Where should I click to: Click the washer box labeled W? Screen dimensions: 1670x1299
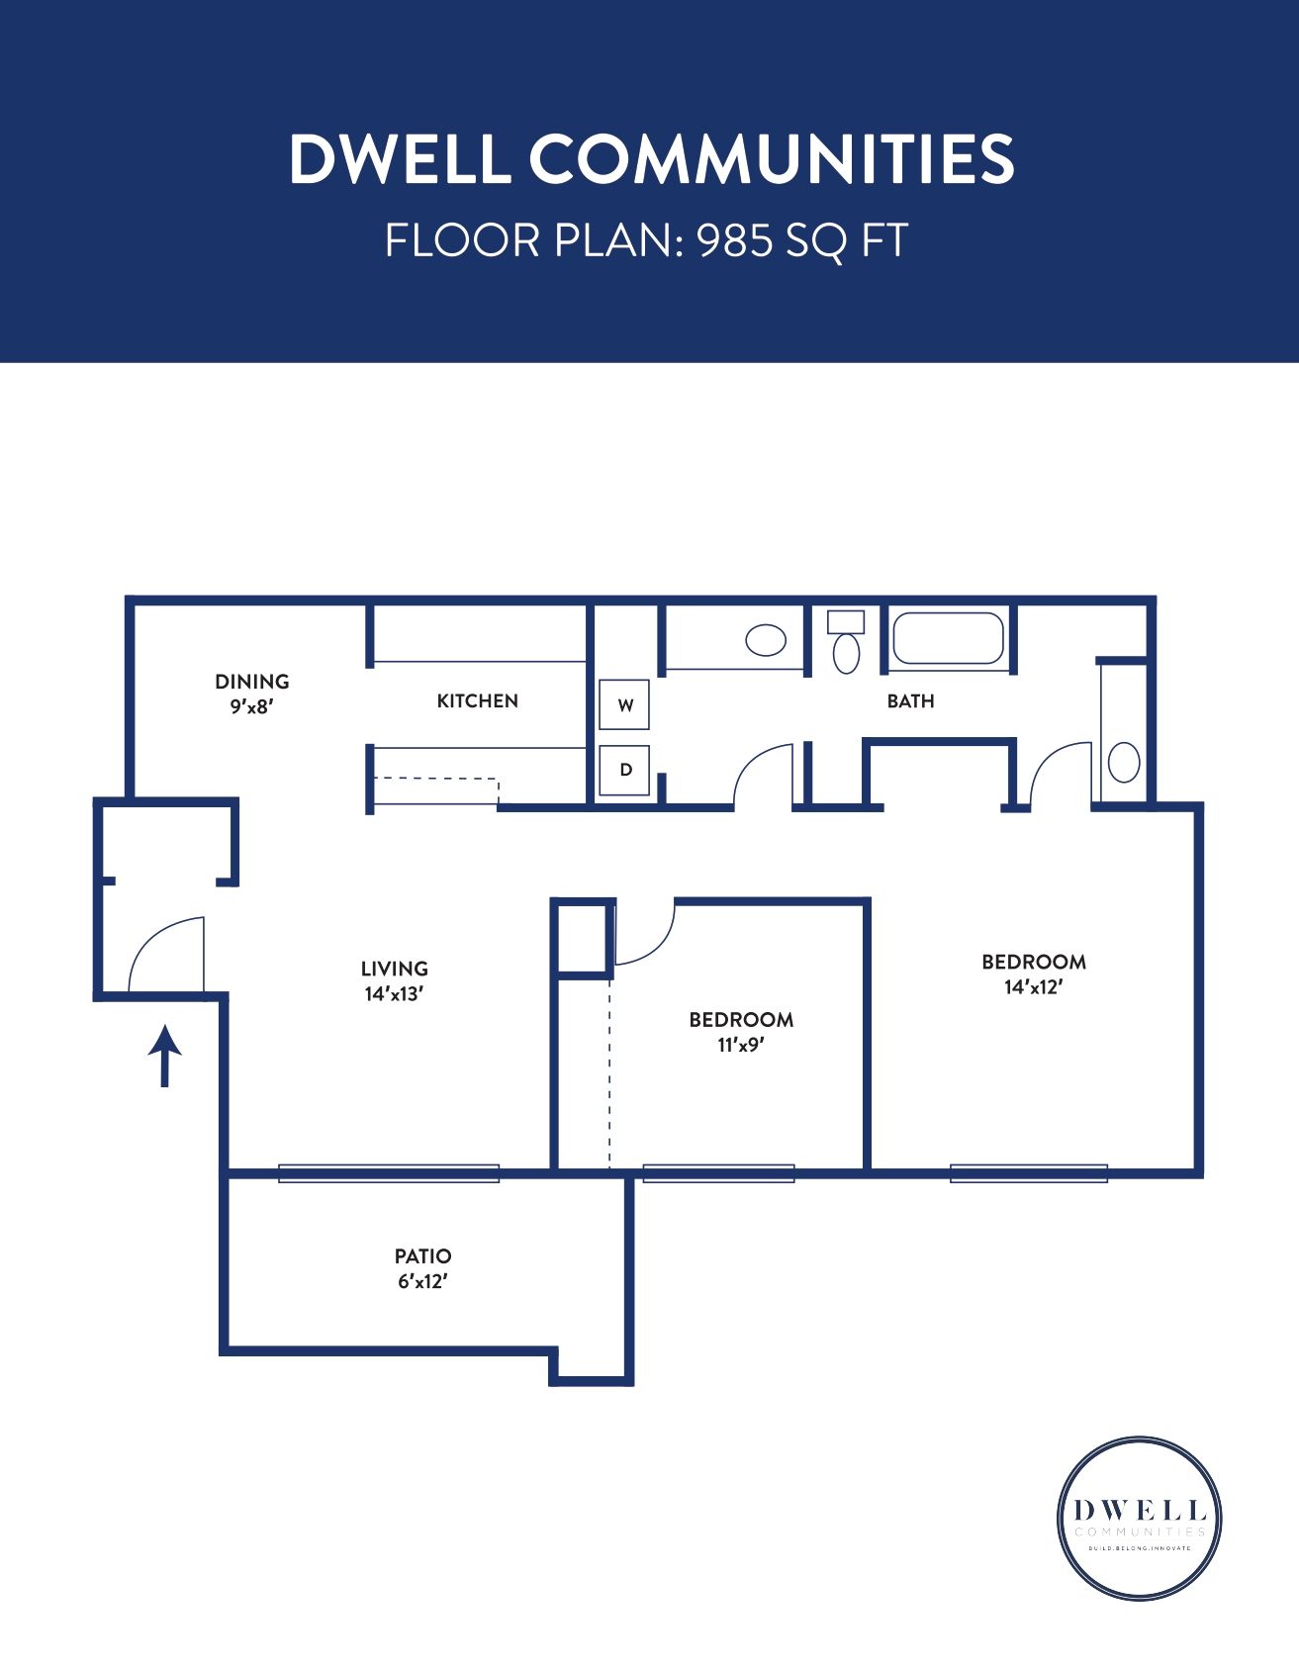pyautogui.click(x=624, y=705)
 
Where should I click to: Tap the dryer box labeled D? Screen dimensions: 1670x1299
pyautogui.click(x=624, y=770)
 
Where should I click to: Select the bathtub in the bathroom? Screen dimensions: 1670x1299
pyautogui.click(x=948, y=638)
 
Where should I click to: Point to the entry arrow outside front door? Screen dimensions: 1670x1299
pyautogui.click(x=164, y=1056)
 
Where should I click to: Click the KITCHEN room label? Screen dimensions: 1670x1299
pyautogui.click(x=477, y=700)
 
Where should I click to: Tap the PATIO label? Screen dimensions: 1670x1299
pyautogui.click(x=422, y=1255)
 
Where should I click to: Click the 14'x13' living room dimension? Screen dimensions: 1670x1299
pyautogui.click(x=394, y=994)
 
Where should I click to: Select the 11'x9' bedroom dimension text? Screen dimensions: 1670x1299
pyautogui.click(x=741, y=1045)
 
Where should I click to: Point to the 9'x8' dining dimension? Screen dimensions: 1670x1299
pyautogui.click(x=251, y=706)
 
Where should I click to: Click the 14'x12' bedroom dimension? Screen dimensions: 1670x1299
pyautogui.click(x=1033, y=986)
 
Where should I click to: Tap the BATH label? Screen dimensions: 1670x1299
pyautogui.click(x=910, y=700)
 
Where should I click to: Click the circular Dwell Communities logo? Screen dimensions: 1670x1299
pyautogui.click(x=1139, y=1519)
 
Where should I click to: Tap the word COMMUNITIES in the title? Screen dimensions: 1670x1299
pyautogui.click(x=772, y=158)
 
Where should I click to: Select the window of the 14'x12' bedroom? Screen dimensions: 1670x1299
pyautogui.click(x=1029, y=1173)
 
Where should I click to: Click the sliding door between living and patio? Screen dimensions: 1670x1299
pyautogui.click(x=389, y=1173)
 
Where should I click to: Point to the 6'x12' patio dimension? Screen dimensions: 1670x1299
pyautogui.click(x=422, y=1281)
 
